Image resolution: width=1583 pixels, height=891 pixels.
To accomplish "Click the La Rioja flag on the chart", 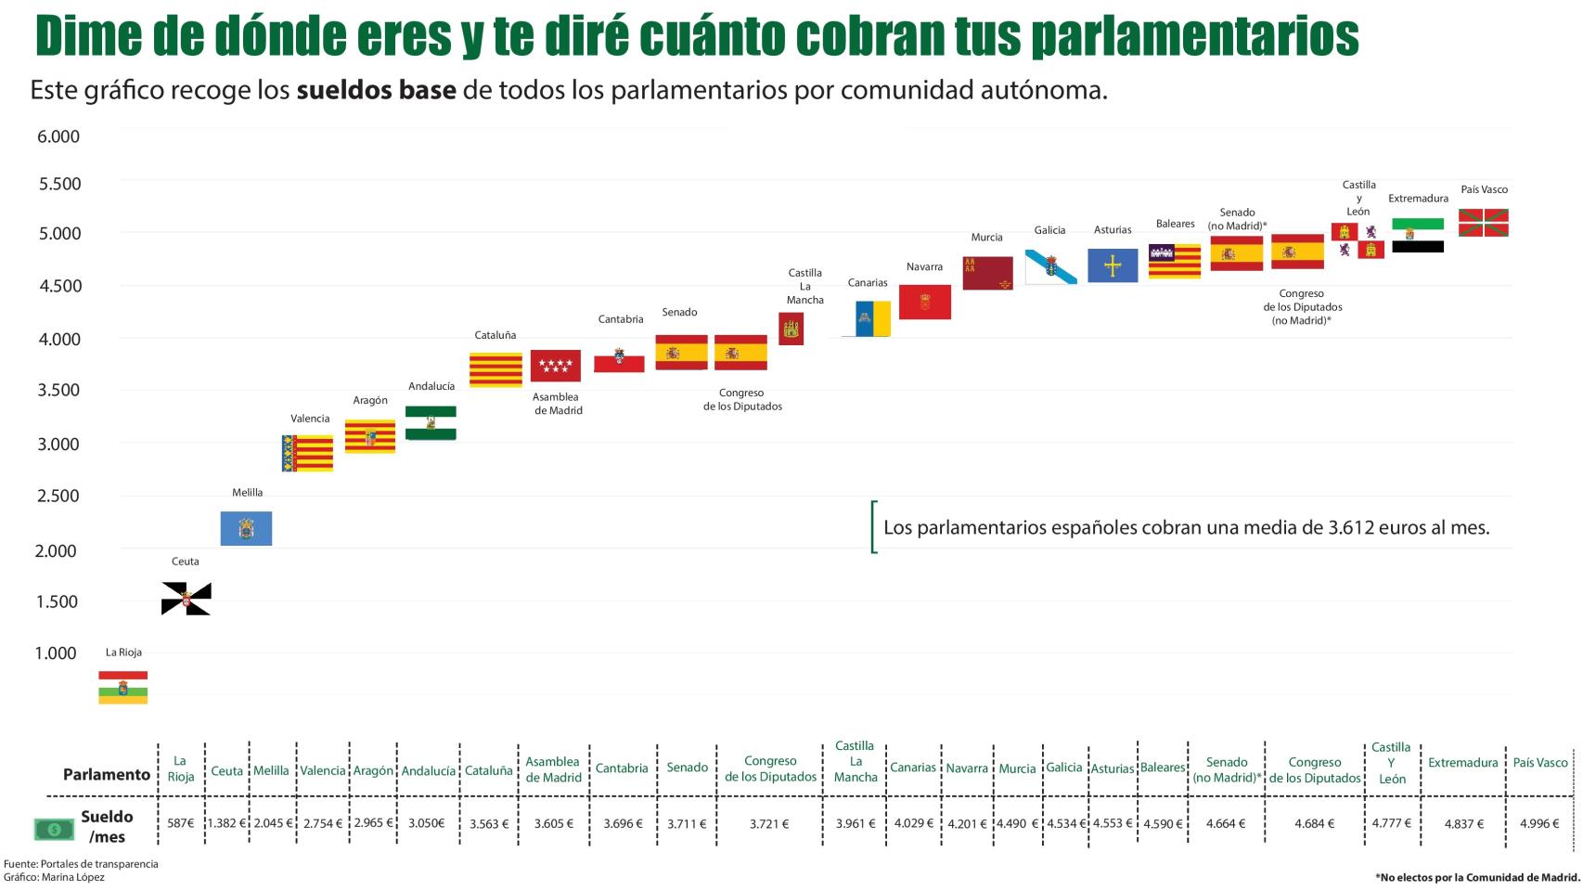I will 123,688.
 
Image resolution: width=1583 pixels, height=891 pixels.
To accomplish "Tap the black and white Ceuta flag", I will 186,599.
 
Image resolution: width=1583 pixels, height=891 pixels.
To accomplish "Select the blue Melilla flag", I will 246,528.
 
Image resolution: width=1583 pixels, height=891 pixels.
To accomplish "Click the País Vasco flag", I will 1483,223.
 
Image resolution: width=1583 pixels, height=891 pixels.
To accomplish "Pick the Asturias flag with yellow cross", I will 1113,265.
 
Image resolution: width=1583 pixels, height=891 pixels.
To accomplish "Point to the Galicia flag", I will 1050,266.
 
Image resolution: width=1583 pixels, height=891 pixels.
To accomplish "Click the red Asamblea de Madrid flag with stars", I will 555,366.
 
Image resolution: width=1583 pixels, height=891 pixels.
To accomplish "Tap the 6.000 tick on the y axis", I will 58,136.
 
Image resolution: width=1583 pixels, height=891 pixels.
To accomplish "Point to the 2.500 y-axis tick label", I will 58,496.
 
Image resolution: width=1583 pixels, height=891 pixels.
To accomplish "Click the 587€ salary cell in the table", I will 180,823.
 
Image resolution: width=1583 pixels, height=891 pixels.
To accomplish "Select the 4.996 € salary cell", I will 1539,823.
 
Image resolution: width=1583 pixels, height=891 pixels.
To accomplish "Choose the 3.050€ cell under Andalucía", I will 427,823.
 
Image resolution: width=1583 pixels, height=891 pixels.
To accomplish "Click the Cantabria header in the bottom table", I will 622,768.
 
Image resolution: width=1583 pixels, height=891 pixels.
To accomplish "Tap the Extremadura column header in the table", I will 1462,763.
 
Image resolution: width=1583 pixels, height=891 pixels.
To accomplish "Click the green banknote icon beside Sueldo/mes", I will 54,828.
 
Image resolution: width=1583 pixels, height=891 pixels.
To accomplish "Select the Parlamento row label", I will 106,774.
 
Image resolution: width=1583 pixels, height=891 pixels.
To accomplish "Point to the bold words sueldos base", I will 376,91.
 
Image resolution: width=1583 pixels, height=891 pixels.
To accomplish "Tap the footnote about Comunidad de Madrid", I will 1477,877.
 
